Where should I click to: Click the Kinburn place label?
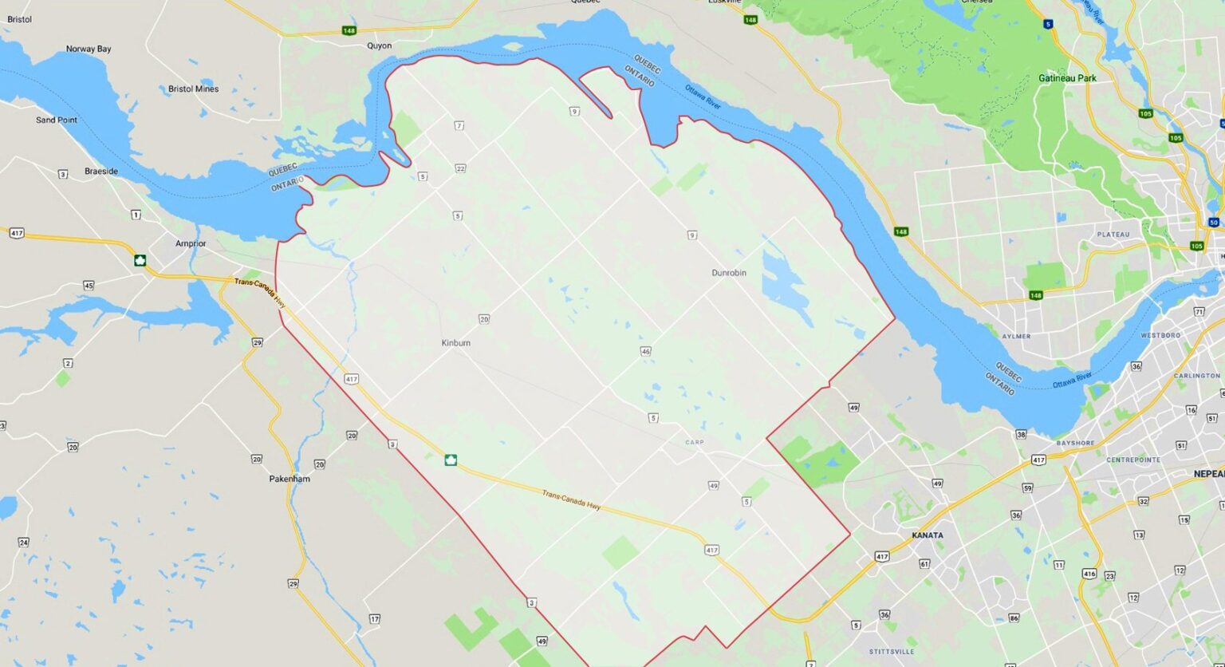[x=455, y=343]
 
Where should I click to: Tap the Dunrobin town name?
[x=729, y=273]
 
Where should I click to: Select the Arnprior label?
[x=191, y=243]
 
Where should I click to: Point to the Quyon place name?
[x=379, y=45]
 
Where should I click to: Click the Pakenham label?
[x=290, y=479]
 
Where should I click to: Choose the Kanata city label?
[x=928, y=535]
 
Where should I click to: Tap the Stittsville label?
[x=892, y=652]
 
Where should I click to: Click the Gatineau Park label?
[x=1067, y=78]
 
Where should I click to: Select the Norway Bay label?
[x=89, y=49]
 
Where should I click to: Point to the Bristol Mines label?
[x=193, y=89]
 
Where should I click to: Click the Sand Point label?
[x=57, y=120]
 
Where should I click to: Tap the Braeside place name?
[x=101, y=172]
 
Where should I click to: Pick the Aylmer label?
[x=1016, y=337]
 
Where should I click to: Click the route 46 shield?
[x=645, y=351]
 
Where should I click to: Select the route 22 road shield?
[x=460, y=168]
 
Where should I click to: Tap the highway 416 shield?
[x=1089, y=573]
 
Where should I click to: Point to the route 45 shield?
[x=88, y=286]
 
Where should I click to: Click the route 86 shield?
[x=1014, y=618]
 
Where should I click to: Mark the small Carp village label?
[x=694, y=442]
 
